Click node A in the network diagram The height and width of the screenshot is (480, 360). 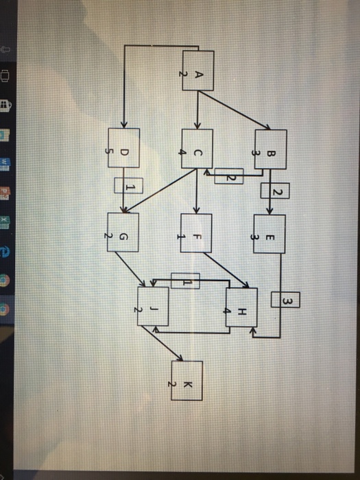[197, 71]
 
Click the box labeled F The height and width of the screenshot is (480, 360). [197, 234]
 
